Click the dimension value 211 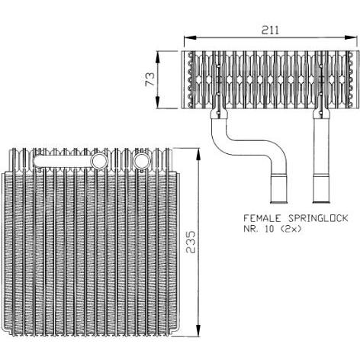[270, 30]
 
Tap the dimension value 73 [149, 79]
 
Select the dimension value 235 [191, 242]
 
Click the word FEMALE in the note [262, 218]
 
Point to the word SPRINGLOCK [318, 218]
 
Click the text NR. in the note [251, 229]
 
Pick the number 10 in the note [269, 229]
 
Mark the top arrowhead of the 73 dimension [158, 58]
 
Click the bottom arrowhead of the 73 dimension [158, 102]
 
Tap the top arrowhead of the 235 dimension [198, 155]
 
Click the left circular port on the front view [99, 161]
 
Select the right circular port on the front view [142, 161]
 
